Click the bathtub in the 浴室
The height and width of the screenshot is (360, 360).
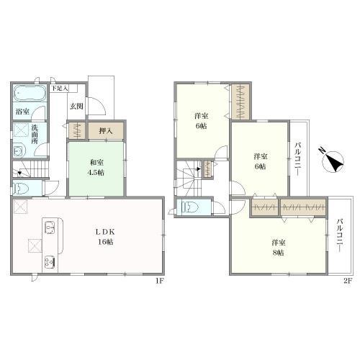pyautogui.click(x=30, y=92)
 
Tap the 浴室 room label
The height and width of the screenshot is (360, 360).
pyautogui.click(x=22, y=112)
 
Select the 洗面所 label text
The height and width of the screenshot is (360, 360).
pyautogui.click(x=35, y=135)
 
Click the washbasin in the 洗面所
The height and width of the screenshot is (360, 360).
pyautogui.click(x=18, y=151)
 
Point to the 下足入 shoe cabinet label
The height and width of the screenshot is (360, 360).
pyautogui.click(x=59, y=88)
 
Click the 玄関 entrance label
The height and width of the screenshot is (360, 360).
pyautogui.click(x=76, y=107)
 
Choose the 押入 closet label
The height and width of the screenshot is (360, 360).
pyautogui.click(x=106, y=131)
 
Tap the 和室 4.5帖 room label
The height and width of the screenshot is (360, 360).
pyautogui.click(x=97, y=168)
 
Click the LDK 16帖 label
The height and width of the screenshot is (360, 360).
pyautogui.click(x=105, y=237)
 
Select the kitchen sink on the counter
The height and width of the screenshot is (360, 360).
pyautogui.click(x=50, y=228)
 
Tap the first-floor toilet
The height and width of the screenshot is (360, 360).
pyautogui.click(x=20, y=187)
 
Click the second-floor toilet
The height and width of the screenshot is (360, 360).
pyautogui.click(x=189, y=207)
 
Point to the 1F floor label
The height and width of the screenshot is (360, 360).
pyautogui.click(x=160, y=281)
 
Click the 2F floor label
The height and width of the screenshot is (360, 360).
pyautogui.click(x=347, y=281)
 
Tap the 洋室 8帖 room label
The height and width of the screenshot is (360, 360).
pyautogui.click(x=279, y=248)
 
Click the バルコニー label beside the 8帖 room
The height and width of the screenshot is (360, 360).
pyautogui.click(x=339, y=235)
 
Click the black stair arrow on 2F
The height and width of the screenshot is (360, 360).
pyautogui.click(x=198, y=169)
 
